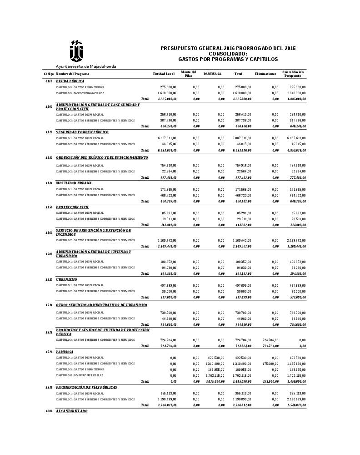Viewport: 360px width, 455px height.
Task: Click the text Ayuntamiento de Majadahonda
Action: [x=86, y=66]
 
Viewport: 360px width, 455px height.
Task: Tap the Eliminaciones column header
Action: [x=265, y=74]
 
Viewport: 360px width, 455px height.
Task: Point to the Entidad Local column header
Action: [x=164, y=74]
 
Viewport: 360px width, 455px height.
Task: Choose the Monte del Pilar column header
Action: [x=188, y=74]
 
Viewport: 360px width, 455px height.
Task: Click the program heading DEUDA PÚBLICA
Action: [x=70, y=81]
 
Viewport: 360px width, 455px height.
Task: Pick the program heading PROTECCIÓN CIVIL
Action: [x=72, y=207]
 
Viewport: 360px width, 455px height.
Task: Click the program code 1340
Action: [x=49, y=233]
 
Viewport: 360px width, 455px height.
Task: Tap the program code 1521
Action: [x=49, y=333]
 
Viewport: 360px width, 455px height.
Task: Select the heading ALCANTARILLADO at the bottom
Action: [x=71, y=411]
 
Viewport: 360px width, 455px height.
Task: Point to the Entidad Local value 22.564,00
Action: [x=168, y=171]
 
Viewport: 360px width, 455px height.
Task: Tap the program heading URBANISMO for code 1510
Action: [x=66, y=279]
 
